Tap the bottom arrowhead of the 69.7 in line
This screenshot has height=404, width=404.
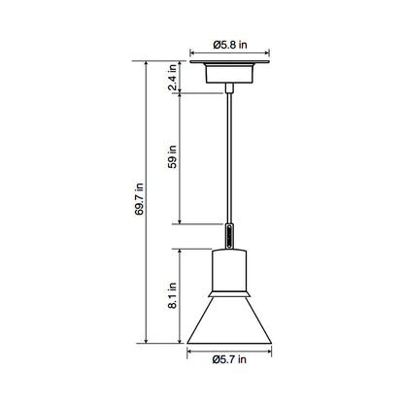coord(147,343)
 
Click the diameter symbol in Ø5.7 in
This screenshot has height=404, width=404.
coord(216,360)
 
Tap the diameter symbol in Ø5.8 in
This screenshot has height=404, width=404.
coord(217,43)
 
